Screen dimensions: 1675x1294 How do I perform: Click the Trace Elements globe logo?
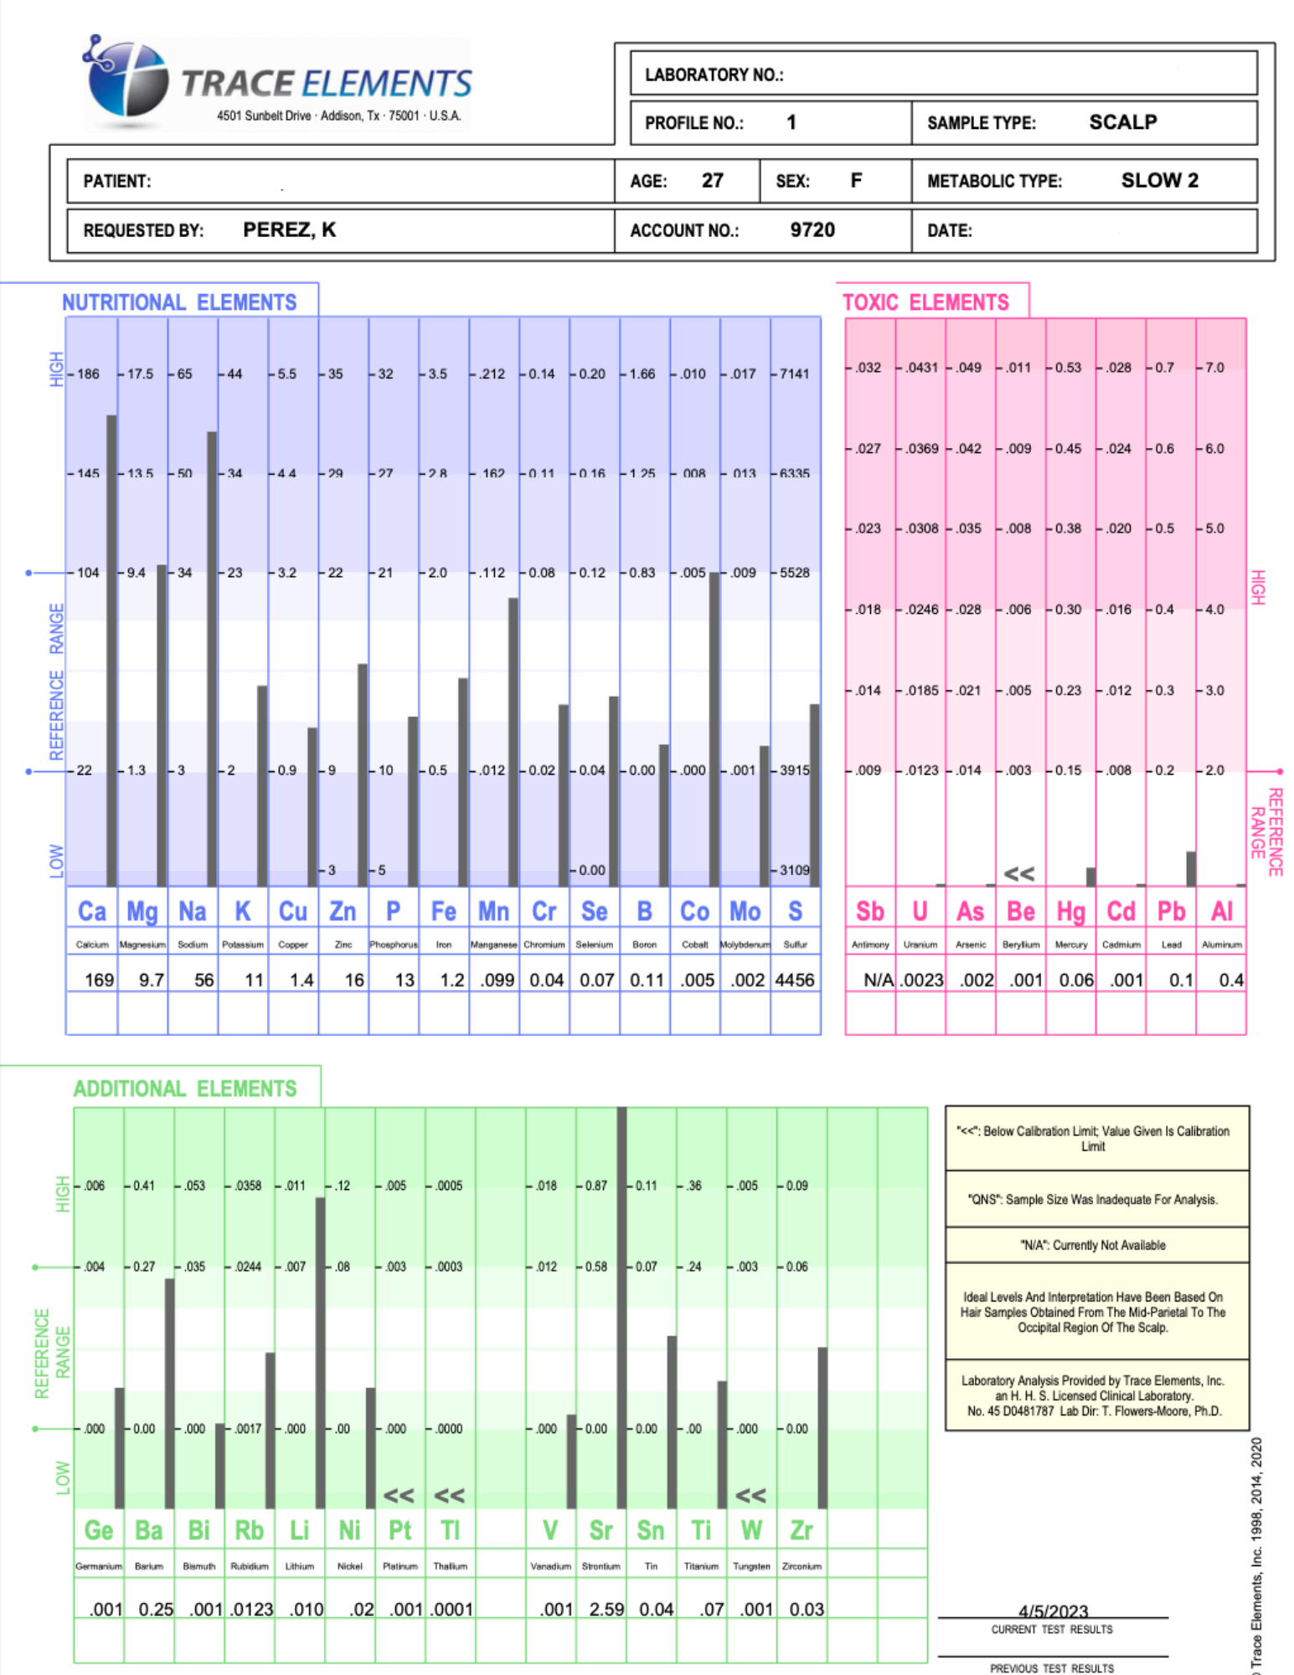point(127,80)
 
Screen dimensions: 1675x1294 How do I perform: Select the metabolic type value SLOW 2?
point(1159,181)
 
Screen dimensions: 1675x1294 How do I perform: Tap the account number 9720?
point(812,230)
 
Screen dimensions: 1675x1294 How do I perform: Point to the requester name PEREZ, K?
point(289,230)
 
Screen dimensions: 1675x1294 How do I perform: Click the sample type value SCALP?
point(1122,122)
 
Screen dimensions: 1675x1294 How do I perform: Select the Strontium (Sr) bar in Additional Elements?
point(621,1306)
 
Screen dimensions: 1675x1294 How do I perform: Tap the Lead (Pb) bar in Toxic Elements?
point(1190,868)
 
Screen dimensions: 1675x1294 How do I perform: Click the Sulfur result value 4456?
point(795,980)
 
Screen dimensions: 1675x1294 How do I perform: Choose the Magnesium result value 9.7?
point(152,980)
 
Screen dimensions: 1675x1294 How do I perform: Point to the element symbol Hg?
point(1070,911)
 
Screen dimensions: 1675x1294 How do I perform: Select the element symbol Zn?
point(343,911)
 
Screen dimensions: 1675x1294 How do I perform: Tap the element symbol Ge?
point(99,1531)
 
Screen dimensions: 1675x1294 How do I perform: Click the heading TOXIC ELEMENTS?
point(925,302)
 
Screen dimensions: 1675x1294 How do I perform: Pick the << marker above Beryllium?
point(1018,874)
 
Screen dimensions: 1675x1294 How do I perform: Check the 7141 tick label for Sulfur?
point(795,374)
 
